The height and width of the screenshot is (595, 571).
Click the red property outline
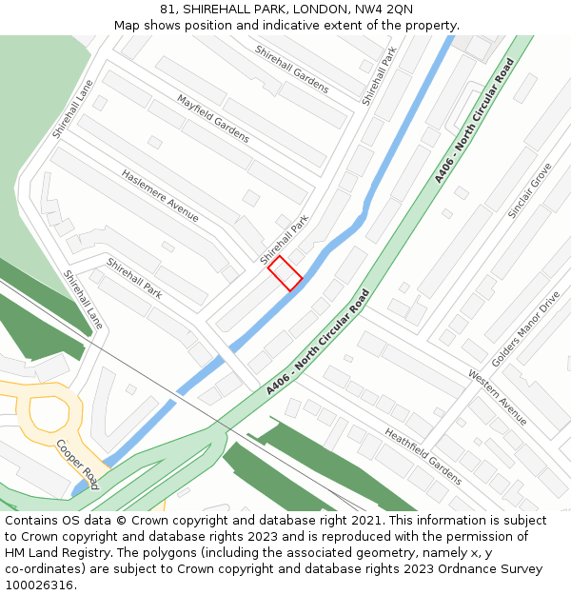point(285,273)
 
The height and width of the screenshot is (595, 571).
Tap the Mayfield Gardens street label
point(213,118)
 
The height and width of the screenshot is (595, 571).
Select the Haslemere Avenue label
point(160,196)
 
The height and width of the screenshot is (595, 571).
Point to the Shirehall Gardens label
point(291,69)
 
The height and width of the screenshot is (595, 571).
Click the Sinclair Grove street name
point(529,190)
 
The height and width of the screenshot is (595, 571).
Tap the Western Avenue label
point(497,397)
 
